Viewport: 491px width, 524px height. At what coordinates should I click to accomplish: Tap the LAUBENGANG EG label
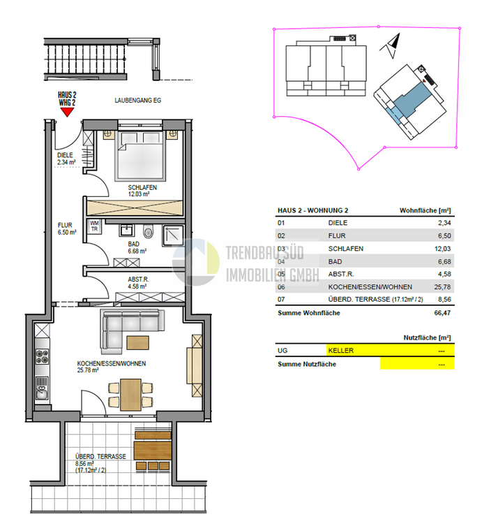pos(138,101)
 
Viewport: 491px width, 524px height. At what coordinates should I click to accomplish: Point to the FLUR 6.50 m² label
pos(66,229)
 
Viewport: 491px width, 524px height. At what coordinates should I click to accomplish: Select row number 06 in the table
pos(282,286)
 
